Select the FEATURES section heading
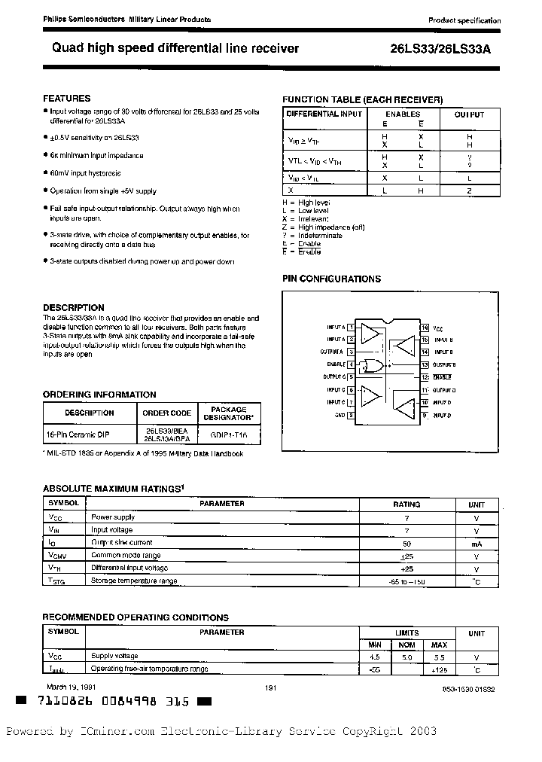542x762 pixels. pos(66,99)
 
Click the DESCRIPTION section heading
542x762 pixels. pos(73,307)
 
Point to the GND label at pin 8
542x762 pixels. pos(340,415)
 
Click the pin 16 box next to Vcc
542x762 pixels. pos(425,328)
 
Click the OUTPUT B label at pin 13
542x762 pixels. pos(443,364)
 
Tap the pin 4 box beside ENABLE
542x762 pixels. pos(350,364)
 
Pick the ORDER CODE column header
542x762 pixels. pos(166,413)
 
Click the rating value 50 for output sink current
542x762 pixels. pos(407,542)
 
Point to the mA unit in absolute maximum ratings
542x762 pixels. pos(477,542)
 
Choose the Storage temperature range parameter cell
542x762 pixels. pos(134,581)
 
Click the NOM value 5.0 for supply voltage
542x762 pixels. pos(407,656)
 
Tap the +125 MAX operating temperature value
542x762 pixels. pos(440,669)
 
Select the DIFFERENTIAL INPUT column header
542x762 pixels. pos(324,115)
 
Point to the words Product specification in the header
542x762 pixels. pos(464,20)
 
